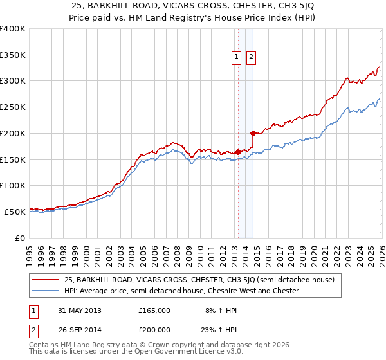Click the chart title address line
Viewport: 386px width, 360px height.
pos(192,7)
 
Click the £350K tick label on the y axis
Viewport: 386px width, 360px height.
pos(13,55)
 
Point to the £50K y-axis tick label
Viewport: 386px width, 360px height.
pos(15,212)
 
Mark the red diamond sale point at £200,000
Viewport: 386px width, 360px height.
pos(253,133)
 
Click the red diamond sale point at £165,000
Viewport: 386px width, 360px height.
pos(239,152)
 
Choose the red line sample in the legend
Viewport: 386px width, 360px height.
pos(46,280)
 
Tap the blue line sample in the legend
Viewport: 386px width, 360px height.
pos(46,291)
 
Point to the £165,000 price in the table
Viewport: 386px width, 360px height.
pos(154,310)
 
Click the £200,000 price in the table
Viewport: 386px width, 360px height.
pos(154,328)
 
